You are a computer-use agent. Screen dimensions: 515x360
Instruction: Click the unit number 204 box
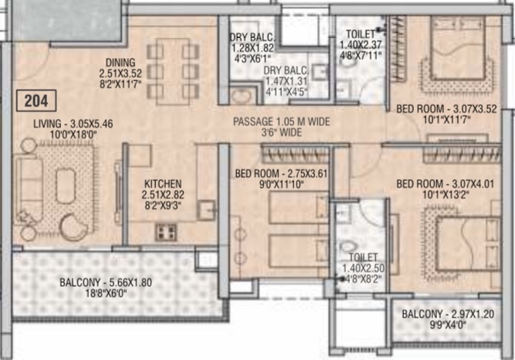36,100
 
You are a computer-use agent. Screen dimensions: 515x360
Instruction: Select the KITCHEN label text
163,184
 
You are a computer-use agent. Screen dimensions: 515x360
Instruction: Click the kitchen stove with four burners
165,232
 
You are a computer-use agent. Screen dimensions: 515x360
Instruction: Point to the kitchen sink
207,210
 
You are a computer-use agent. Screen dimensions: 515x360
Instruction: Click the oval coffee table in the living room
66,185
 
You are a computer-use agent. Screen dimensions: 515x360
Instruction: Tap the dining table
173,71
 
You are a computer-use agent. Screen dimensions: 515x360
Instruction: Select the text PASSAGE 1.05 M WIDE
282,121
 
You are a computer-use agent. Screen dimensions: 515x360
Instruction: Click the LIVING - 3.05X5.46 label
73,124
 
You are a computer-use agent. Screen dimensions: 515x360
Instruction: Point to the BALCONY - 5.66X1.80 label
106,283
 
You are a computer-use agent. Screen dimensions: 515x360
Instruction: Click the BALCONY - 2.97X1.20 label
448,314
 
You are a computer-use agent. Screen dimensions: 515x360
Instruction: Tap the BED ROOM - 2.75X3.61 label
282,173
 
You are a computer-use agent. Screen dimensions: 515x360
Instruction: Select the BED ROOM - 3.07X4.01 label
446,184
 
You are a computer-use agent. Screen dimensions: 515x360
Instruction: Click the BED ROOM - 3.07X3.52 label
447,109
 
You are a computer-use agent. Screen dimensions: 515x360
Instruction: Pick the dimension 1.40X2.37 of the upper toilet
361,44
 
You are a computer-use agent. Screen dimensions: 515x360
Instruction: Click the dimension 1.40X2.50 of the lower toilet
363,268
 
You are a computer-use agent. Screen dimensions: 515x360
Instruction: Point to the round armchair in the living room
73,227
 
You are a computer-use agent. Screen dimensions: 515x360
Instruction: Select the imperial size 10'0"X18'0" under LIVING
71,134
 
